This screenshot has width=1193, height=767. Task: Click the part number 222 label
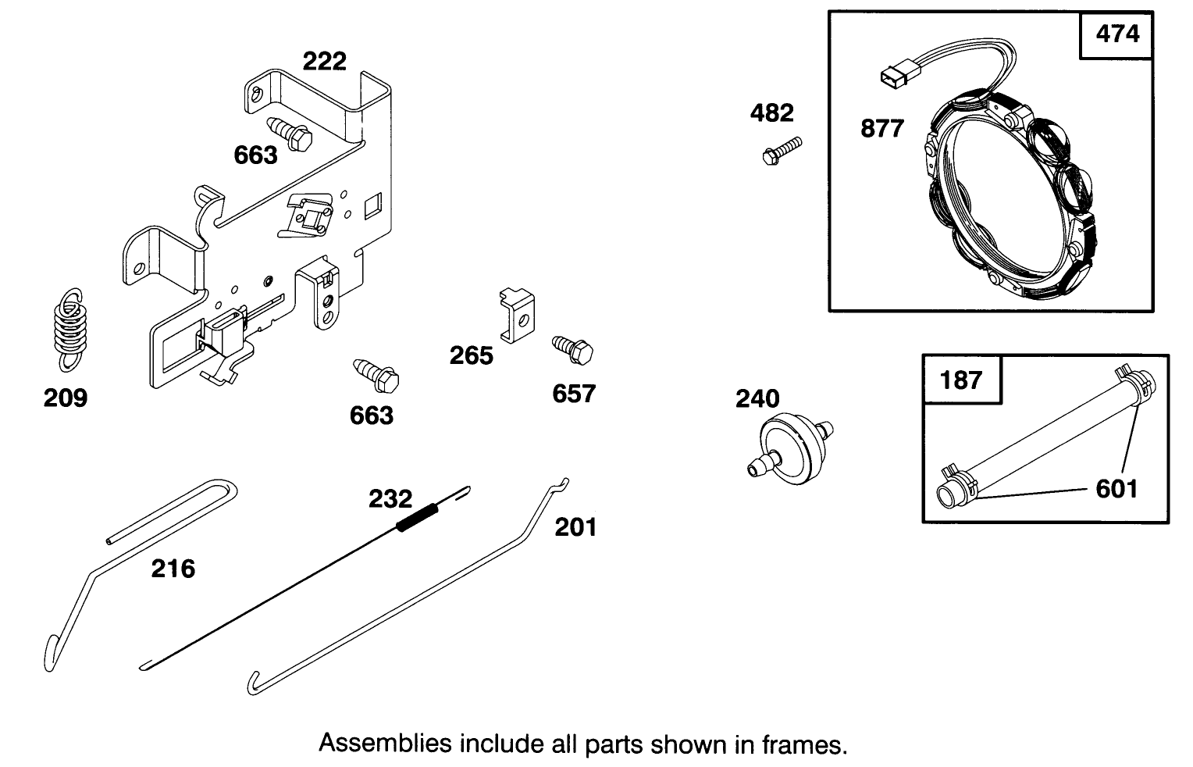324,61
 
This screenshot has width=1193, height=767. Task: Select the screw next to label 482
781,150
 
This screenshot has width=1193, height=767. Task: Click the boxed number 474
1117,34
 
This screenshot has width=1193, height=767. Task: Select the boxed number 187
961,380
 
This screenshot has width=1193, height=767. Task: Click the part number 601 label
1116,489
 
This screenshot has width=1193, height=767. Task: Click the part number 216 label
173,569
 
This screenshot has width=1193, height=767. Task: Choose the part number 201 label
575,527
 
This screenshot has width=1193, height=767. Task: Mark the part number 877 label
881,128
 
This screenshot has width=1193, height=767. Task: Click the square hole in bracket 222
373,204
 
